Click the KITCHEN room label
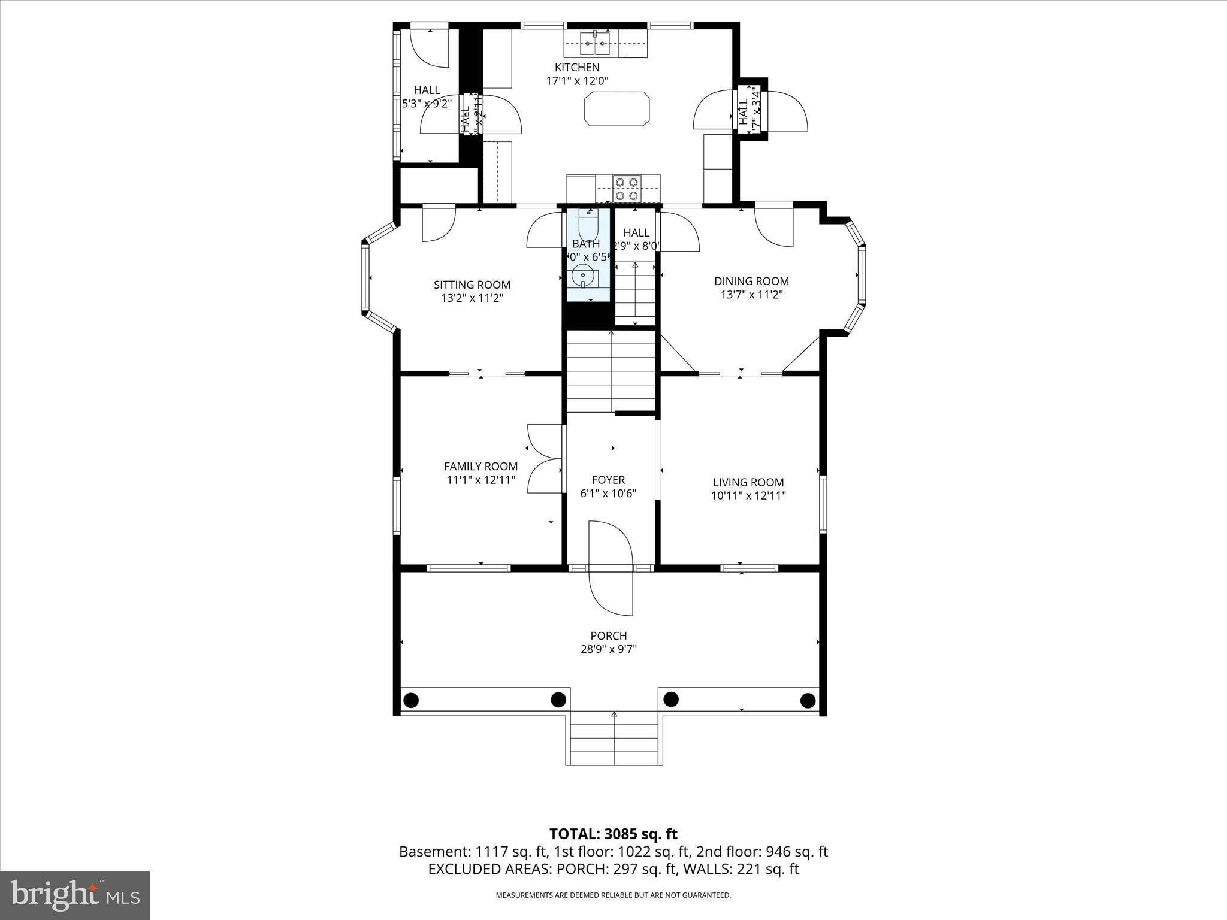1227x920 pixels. (x=576, y=68)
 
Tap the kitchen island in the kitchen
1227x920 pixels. (x=616, y=108)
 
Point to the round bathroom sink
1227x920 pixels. (x=583, y=277)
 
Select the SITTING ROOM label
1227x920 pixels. (x=472, y=285)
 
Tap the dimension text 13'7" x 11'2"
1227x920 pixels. (x=751, y=295)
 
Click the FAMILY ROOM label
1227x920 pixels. (x=480, y=467)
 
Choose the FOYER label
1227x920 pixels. (x=608, y=480)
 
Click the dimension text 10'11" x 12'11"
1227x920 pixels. (x=748, y=496)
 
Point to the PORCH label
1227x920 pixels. (x=608, y=636)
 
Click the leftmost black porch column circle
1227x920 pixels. (x=411, y=699)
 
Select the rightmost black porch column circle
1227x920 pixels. (x=808, y=700)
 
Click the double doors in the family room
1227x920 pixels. (x=544, y=459)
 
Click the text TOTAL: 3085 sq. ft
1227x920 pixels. (x=613, y=834)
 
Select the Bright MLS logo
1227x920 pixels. (x=75, y=895)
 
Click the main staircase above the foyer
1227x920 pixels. (x=611, y=371)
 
